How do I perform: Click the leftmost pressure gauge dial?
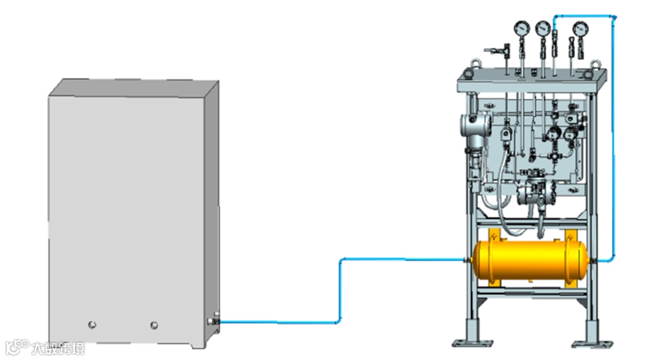(520, 28)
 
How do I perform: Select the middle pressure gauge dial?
(542, 28)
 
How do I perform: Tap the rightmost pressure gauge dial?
(580, 28)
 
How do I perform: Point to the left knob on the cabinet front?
(92, 325)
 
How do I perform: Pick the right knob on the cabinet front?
(154, 325)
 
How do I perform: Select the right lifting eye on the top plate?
(595, 62)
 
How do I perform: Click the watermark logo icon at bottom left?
(17, 347)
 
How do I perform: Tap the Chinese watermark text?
(58, 348)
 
